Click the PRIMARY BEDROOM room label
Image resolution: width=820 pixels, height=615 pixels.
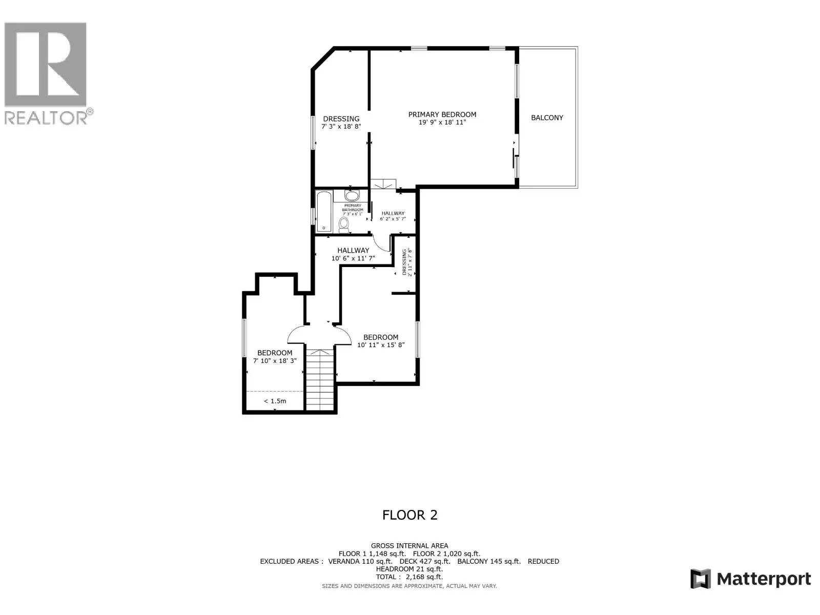442,114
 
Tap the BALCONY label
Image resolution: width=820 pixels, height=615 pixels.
547,118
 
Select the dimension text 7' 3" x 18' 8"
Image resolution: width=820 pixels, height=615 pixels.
341,126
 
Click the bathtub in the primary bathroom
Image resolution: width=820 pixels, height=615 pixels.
323,211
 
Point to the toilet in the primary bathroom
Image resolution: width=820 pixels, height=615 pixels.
344,224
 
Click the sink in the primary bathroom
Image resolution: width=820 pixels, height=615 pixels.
352,196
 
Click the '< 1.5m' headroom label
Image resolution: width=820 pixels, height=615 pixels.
275,401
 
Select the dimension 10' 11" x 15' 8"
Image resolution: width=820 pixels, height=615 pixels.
381,345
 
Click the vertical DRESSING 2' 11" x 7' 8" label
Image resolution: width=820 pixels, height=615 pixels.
406,262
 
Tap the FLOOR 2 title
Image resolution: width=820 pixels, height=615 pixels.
410,515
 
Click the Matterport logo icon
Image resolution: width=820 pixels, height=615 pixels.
700,579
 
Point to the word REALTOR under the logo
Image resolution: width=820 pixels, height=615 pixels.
45,118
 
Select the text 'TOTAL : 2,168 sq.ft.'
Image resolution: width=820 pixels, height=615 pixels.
409,577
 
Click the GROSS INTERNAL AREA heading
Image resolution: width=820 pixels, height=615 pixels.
409,546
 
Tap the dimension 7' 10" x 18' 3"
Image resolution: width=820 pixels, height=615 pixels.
275,361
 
